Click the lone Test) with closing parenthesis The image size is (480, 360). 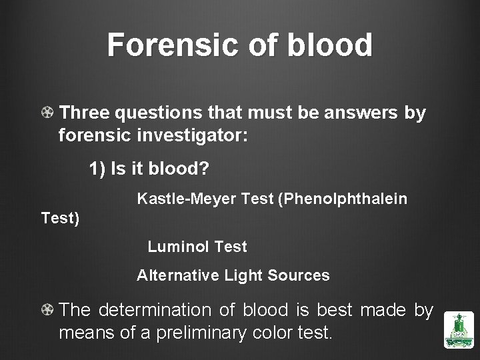(60, 218)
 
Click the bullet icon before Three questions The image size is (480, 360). (47, 114)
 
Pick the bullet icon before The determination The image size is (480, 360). (47, 311)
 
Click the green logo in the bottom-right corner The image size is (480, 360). (459, 330)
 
